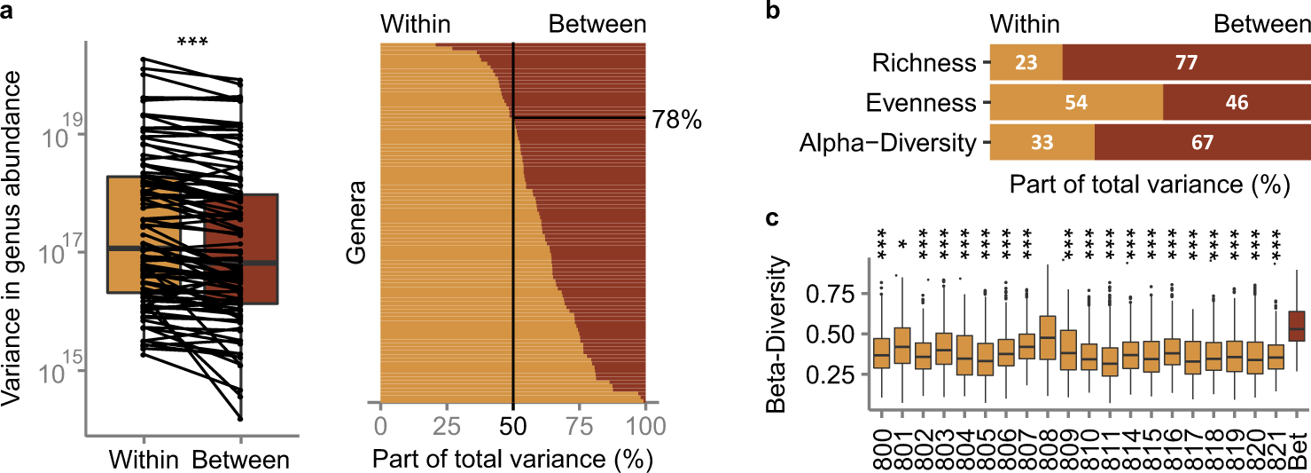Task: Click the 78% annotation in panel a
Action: [x=677, y=120]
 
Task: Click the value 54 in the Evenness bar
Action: [x=1075, y=102]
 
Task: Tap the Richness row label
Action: [x=922, y=63]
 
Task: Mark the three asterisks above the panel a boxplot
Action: [x=193, y=43]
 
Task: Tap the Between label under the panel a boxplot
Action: [x=240, y=461]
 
